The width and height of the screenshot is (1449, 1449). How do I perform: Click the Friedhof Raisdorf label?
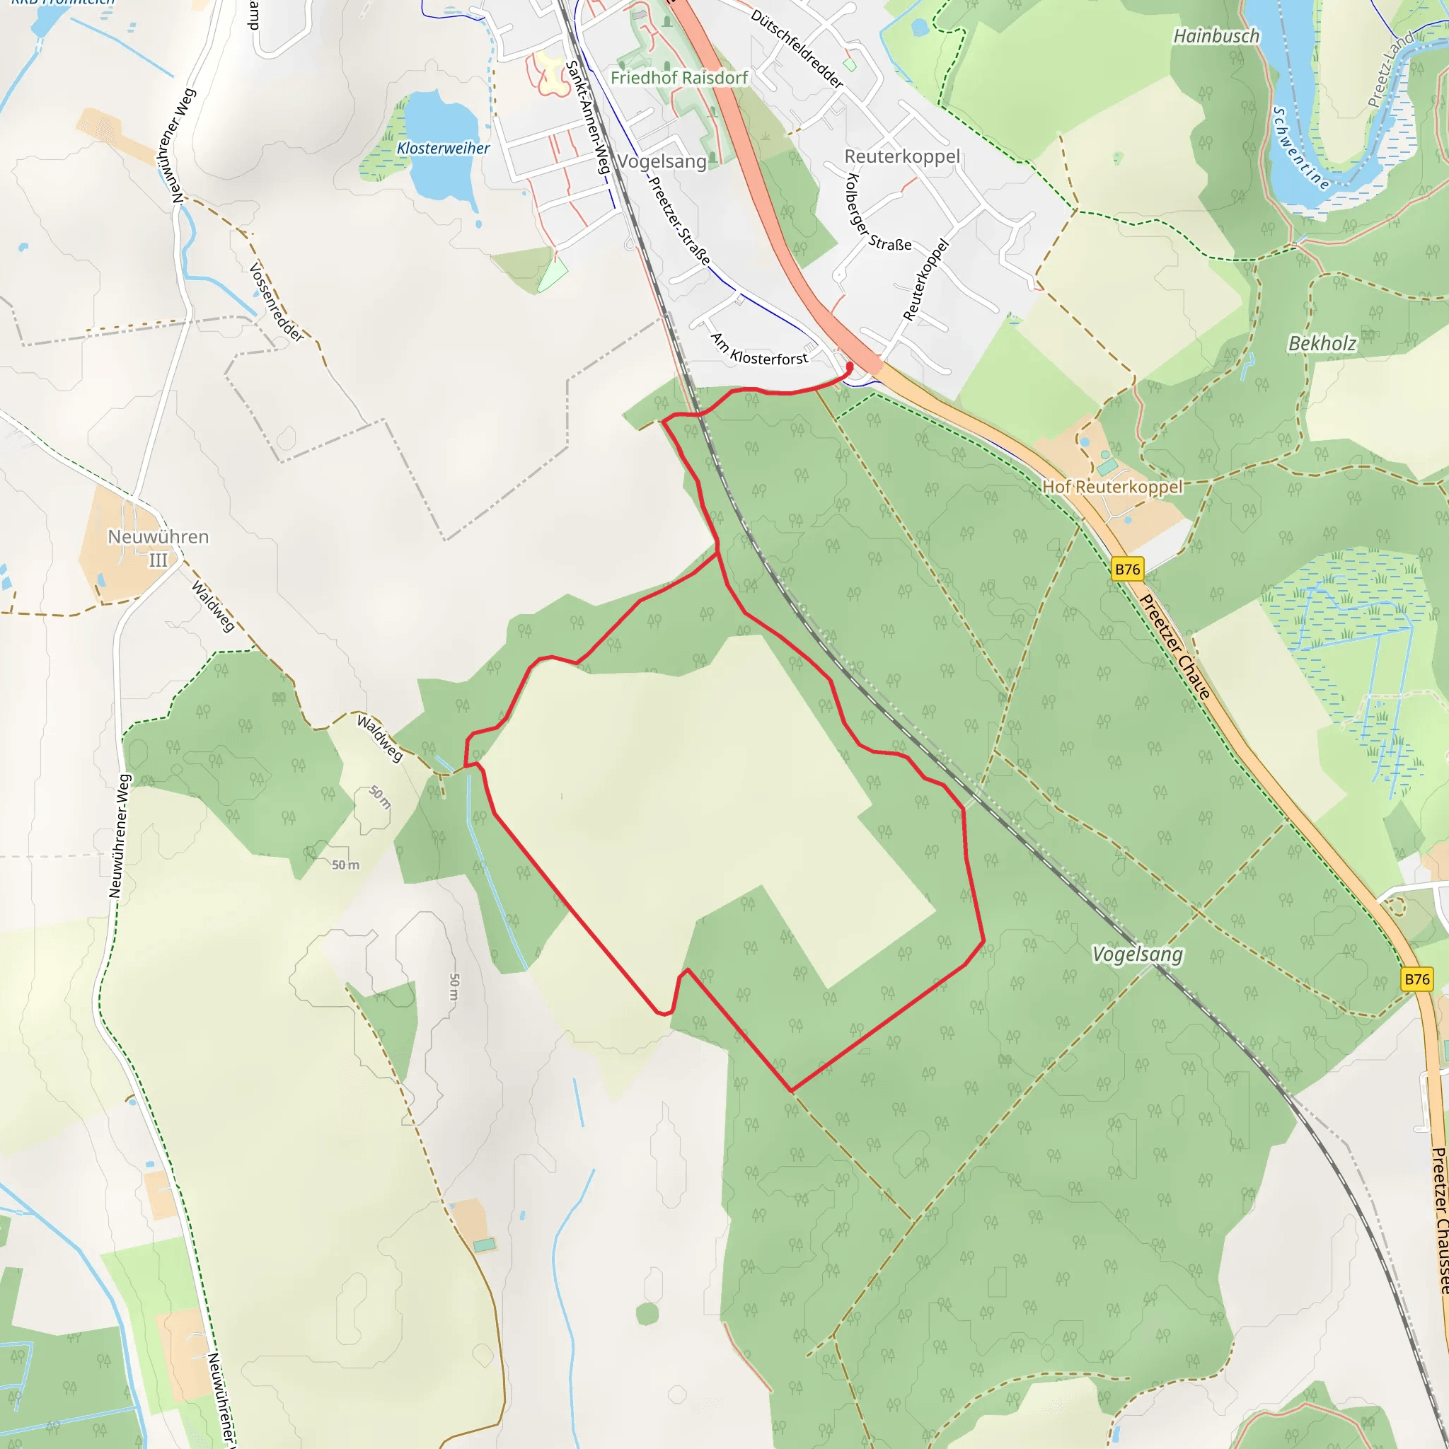pos(679,78)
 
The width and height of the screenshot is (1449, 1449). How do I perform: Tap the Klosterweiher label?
pos(443,149)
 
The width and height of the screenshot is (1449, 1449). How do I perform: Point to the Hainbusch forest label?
pos(1216,36)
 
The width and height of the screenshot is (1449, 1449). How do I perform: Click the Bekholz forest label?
pos(1322,343)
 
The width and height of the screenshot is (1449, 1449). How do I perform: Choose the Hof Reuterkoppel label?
pos(1112,487)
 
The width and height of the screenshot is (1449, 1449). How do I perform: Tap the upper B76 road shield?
pos(1127,570)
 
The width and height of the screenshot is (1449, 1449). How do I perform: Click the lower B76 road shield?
pos(1416,978)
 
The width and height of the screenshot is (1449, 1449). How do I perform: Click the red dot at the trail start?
pos(850,366)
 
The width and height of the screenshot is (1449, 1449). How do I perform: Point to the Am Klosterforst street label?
pos(759,350)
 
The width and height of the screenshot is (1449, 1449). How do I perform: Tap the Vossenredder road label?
pos(276,301)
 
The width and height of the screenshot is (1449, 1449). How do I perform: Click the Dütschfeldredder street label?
pos(797,48)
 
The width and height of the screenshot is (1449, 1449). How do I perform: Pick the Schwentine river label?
pos(1300,149)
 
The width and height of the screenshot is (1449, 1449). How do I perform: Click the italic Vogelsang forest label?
pos(1137,954)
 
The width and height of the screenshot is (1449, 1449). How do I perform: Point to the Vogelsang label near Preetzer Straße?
pos(662,161)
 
